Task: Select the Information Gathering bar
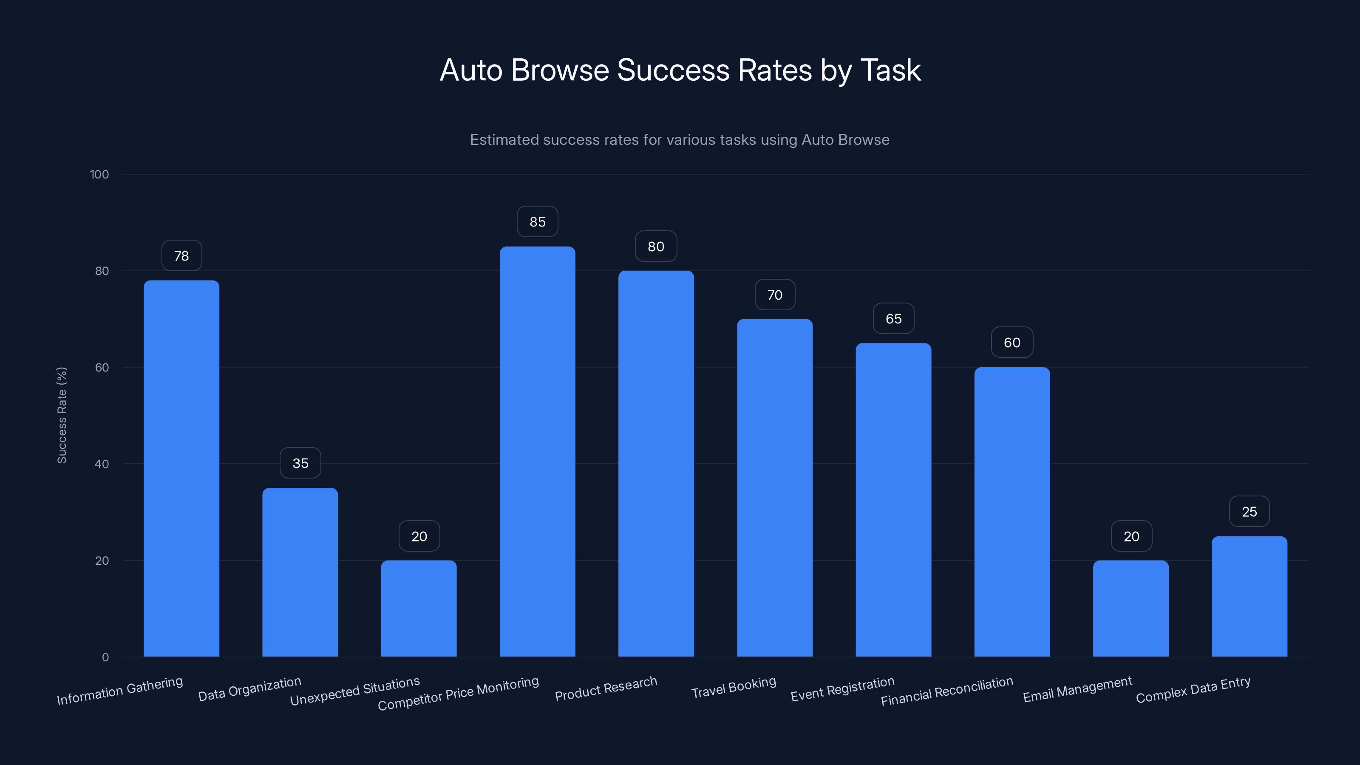181,468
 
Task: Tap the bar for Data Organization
300,572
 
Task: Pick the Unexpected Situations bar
419,608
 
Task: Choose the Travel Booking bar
774,488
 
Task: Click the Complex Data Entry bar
1249,597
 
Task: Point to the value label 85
538,222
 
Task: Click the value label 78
181,256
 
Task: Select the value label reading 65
893,319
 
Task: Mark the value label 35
300,463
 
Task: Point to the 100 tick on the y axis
99,175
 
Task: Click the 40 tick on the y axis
102,464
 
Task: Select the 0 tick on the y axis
105,657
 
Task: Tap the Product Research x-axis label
606,688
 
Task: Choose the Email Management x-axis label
1077,689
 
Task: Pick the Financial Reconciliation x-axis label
947,691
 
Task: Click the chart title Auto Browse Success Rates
680,70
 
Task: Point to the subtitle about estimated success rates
680,140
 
